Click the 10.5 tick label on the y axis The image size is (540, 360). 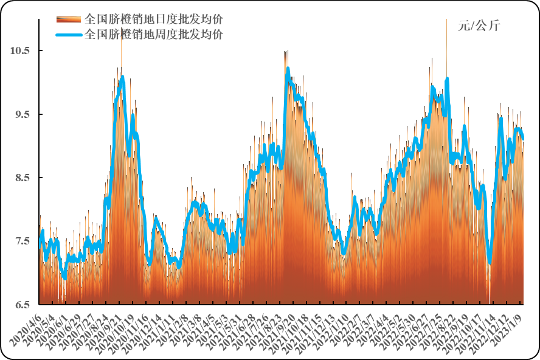pos(20,50)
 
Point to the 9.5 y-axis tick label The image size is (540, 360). pos(20,114)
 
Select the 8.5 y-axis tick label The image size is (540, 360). pos(20,178)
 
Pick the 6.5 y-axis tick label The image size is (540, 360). pos(20,304)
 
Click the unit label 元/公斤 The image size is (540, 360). pos(479,26)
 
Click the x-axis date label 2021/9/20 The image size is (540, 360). pos(281,329)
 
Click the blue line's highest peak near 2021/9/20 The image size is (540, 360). pos(288,69)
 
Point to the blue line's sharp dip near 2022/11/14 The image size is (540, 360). pos(490,263)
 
